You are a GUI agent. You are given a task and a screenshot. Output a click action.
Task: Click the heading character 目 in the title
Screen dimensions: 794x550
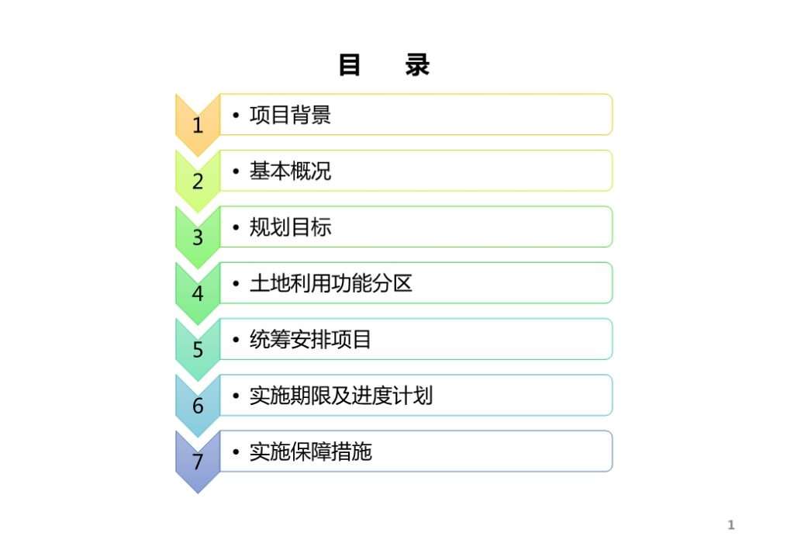tap(350, 65)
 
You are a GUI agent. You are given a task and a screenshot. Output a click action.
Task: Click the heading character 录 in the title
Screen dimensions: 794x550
tap(417, 65)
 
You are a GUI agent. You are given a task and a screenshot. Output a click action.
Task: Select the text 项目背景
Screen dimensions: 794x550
tap(290, 115)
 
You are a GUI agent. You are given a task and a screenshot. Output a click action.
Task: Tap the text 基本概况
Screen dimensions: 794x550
tap(290, 171)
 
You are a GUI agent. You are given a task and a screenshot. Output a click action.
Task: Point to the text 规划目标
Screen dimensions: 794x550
tap(290, 227)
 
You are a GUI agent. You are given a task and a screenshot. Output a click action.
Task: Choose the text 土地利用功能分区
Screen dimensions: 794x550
tap(330, 284)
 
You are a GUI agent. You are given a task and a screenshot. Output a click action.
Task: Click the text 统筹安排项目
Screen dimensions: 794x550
tap(310, 339)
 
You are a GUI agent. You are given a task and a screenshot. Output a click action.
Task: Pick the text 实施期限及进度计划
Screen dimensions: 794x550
tap(341, 396)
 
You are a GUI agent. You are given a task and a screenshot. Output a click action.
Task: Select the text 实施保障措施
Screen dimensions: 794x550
tap(310, 451)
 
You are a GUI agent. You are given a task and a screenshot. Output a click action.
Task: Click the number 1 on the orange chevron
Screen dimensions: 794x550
tap(198, 126)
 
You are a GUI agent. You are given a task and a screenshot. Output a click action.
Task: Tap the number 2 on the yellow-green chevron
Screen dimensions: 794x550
tap(198, 182)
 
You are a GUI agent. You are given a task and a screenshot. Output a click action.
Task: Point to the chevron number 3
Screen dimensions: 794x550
tap(198, 237)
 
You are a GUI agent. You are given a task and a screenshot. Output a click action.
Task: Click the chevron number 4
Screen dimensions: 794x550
tap(198, 294)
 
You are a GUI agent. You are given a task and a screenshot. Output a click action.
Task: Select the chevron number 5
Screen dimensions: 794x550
tap(198, 350)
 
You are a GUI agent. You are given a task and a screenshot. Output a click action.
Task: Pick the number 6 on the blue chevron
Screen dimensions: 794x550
tap(198, 406)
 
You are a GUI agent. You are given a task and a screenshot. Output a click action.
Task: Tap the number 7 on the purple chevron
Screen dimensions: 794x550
tap(198, 462)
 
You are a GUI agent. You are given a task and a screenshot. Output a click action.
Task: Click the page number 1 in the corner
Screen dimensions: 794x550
tap(730, 524)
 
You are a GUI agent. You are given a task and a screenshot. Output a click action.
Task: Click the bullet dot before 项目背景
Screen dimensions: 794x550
tap(236, 116)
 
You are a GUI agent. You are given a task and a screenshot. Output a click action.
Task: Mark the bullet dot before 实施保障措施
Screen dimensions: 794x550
tap(236, 452)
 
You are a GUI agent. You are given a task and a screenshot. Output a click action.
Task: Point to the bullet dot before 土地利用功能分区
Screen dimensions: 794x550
tap(236, 284)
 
